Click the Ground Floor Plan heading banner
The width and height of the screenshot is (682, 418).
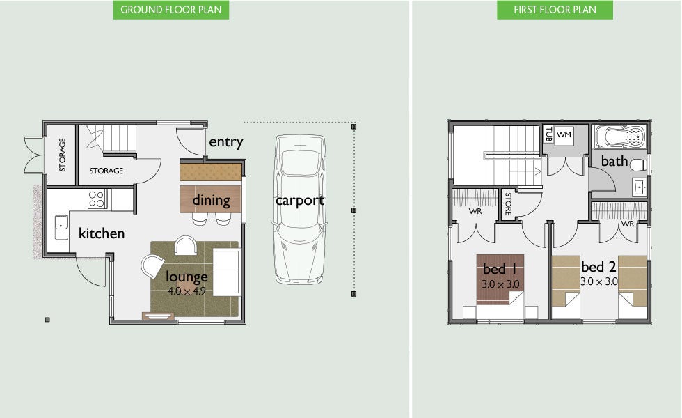[171, 10]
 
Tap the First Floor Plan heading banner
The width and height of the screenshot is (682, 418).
[555, 10]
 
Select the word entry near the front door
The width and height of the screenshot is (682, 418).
[225, 142]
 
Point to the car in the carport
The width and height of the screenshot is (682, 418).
[300, 210]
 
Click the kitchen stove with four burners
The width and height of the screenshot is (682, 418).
[97, 199]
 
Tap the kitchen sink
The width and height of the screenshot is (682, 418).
[61, 227]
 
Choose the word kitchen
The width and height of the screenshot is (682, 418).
[102, 233]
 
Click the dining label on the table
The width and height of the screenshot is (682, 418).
[211, 201]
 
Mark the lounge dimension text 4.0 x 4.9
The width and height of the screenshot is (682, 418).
[187, 291]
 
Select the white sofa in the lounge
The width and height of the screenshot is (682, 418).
[226, 272]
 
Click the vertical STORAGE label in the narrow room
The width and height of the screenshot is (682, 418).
[62, 155]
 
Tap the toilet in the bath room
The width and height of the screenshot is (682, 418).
[639, 165]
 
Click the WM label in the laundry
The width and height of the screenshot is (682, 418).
[564, 134]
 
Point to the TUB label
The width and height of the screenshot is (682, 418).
[548, 134]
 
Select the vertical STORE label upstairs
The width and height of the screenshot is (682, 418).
[508, 203]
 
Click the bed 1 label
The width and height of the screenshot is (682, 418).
[500, 269]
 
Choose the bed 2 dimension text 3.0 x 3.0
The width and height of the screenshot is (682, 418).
[599, 281]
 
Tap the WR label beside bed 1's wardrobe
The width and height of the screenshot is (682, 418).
[475, 211]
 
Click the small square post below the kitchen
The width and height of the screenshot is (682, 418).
[47, 320]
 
